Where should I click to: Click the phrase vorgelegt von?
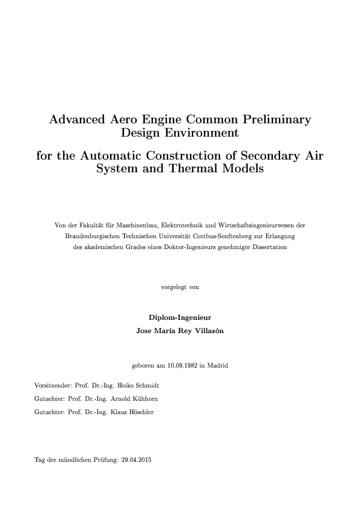coord(180,287)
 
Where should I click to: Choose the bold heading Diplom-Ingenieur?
coord(180,317)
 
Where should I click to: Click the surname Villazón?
coord(205,331)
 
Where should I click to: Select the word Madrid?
coord(217,365)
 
